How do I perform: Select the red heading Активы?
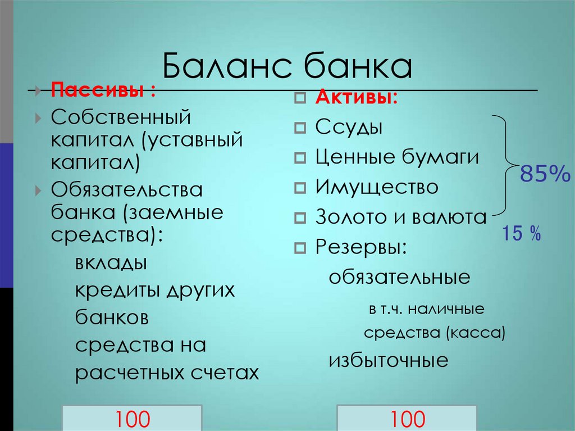tap(357, 97)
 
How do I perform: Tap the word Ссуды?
tap(349, 127)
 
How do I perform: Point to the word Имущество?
tap(376, 187)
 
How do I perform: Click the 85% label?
tap(545, 175)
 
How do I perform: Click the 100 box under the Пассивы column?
tap(133, 419)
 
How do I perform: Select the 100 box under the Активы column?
tap(407, 419)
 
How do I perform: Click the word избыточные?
tap(389, 360)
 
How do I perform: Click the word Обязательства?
tap(127, 189)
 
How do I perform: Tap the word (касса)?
tap(477, 333)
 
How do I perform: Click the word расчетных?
tap(131, 373)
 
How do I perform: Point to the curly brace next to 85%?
tap(506, 166)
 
